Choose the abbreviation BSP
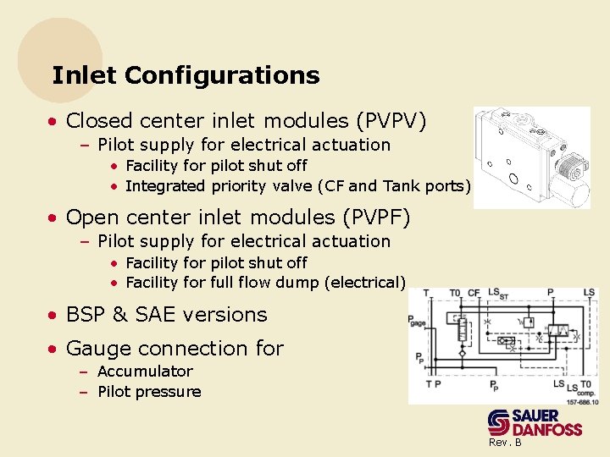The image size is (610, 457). [x=85, y=315]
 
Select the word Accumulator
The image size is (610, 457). [x=145, y=372]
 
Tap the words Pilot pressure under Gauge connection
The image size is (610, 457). [x=149, y=392]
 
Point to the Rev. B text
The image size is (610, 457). [x=505, y=443]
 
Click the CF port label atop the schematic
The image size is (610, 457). [x=474, y=294]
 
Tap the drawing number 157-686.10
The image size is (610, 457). [x=581, y=402]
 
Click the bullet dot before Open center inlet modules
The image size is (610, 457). [x=53, y=218]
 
